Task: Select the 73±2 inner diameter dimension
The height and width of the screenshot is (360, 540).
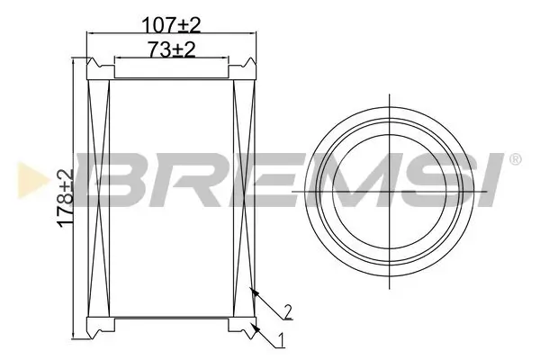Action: point(170,50)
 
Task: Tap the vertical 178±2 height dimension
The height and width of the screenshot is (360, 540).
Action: point(64,199)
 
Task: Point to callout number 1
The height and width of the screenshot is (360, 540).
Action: point(283,340)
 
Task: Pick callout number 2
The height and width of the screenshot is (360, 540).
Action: point(286,311)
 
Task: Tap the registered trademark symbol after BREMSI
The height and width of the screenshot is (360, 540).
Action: point(514,159)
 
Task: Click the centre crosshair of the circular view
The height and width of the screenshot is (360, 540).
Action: point(389,191)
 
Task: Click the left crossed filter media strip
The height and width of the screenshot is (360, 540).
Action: point(98,198)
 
